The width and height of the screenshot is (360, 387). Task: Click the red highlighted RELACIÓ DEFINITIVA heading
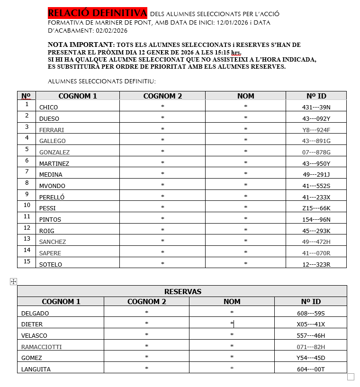point(98,12)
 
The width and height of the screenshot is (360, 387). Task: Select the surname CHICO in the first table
point(48,108)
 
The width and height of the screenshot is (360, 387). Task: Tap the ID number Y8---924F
point(316,130)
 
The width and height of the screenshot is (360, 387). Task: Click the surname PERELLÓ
point(52,197)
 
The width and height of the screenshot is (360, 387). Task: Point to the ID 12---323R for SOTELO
point(316,264)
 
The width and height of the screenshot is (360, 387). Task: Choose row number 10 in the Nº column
point(27,205)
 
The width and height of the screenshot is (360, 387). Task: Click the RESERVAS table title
point(182,291)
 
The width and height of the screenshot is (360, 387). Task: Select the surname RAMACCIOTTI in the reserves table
point(42,347)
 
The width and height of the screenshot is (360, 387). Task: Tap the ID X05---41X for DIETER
point(311,324)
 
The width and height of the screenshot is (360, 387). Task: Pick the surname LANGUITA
point(36,369)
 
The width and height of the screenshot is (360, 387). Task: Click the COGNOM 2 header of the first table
point(162,96)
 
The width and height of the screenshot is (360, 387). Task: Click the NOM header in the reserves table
point(232,302)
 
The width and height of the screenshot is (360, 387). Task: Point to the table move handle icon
point(13,282)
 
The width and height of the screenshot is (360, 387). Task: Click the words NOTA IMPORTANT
point(81,45)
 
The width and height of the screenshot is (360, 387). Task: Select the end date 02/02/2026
point(112,31)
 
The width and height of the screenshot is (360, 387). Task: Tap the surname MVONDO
point(52,186)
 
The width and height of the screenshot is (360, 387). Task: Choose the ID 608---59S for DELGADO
point(311,313)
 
